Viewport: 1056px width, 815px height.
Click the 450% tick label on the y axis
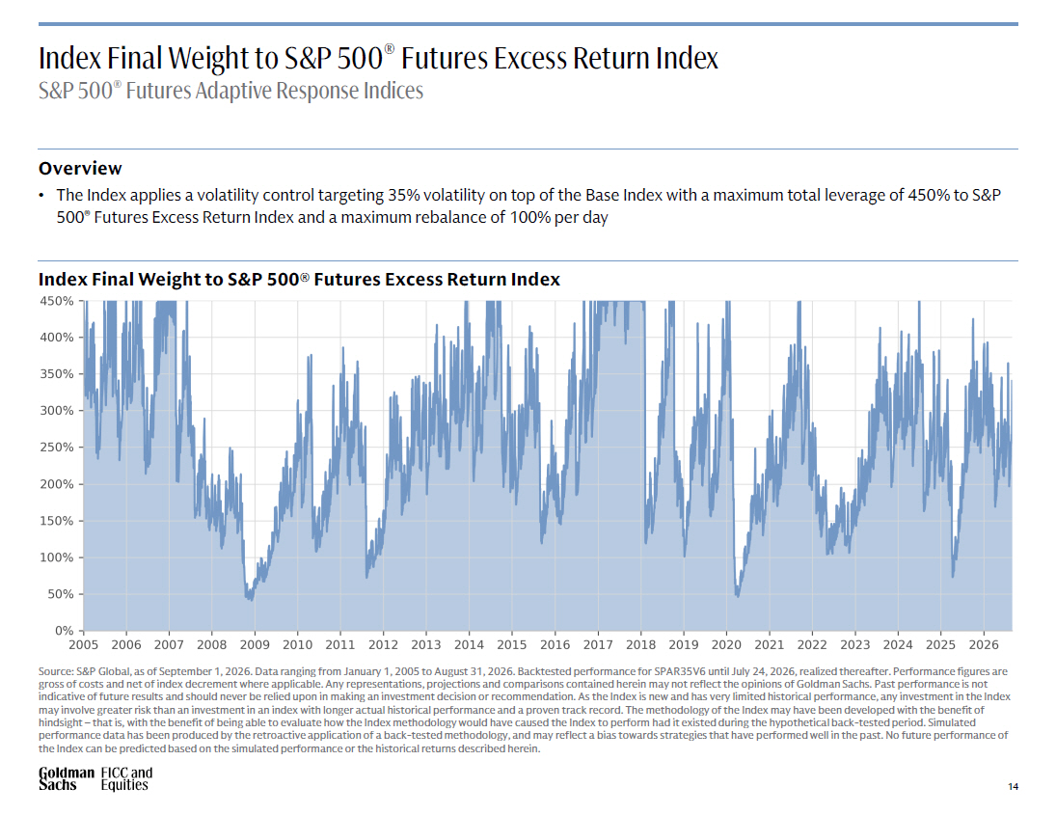tap(57, 301)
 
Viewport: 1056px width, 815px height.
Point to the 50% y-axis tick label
tap(60, 594)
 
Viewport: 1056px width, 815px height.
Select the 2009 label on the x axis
tap(255, 644)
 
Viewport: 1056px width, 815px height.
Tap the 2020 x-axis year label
tap(726, 644)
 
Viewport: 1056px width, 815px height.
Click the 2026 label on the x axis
tap(984, 644)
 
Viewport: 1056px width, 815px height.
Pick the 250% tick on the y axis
tap(57, 448)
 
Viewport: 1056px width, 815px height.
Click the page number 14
tap(1013, 786)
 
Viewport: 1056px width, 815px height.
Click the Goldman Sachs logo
tap(66, 778)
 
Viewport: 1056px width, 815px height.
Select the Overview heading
tap(80, 169)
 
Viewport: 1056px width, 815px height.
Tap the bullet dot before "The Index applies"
tap(41, 196)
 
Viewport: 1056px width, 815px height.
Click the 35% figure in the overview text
tap(403, 196)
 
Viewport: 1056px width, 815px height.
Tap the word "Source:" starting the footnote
tap(55, 671)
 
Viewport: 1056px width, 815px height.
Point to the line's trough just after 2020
tap(738, 596)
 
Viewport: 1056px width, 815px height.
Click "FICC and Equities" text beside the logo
tap(126, 778)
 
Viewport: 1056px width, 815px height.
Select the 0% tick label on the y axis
tap(64, 631)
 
